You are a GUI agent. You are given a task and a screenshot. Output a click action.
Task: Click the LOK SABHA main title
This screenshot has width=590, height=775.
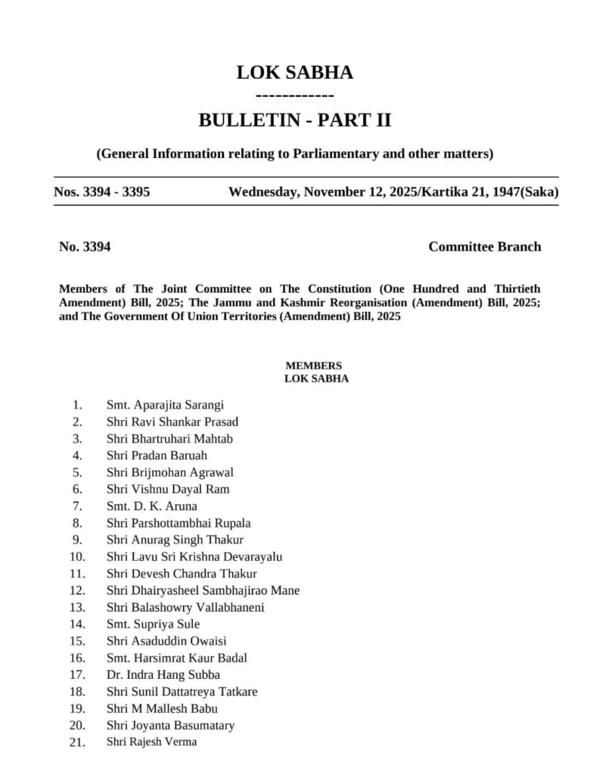(294, 73)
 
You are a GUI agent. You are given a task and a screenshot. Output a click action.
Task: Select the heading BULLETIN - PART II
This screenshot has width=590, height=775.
(294, 120)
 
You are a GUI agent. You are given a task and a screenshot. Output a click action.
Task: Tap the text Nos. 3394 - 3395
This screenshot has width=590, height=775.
(101, 191)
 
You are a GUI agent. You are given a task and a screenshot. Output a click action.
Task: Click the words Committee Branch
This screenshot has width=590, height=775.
(484, 247)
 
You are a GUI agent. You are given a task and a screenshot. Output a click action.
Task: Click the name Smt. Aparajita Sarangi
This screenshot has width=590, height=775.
(165, 404)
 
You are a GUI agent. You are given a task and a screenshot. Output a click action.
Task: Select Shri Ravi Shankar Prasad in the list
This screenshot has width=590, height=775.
(172, 422)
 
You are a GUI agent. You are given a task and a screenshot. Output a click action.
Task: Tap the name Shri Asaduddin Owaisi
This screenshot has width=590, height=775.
(166, 641)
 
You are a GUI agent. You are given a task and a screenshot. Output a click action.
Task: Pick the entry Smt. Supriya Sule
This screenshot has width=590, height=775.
(153, 624)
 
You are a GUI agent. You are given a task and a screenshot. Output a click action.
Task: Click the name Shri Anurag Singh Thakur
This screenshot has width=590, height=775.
(175, 540)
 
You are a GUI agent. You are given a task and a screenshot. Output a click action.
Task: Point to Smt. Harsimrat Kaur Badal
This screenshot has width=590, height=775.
(176, 658)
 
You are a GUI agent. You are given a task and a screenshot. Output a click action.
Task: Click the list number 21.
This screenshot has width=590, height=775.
(76, 742)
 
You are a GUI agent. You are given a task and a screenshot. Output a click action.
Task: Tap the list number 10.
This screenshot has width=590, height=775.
(76, 557)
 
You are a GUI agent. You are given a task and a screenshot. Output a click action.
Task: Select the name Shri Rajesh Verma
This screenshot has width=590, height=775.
(151, 742)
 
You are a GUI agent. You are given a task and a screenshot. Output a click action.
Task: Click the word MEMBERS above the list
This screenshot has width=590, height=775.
(313, 366)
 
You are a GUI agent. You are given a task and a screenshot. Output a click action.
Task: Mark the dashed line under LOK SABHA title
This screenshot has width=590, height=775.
(295, 96)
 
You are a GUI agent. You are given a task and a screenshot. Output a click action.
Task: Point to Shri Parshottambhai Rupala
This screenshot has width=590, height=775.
(179, 523)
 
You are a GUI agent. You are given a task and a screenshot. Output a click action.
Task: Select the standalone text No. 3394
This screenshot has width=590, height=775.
(85, 247)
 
